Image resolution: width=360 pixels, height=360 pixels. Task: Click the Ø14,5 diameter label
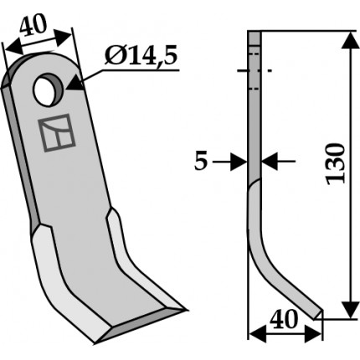click(x=141, y=55)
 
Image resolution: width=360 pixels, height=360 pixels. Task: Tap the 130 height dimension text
click(x=336, y=163)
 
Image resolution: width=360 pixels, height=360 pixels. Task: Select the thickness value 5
click(x=201, y=162)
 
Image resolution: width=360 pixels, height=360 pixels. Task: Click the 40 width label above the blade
click(x=33, y=26)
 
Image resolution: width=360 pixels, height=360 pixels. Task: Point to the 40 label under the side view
click(x=284, y=320)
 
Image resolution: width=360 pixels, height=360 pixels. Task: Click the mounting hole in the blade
click(x=48, y=90)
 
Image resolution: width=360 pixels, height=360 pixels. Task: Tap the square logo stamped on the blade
click(x=57, y=133)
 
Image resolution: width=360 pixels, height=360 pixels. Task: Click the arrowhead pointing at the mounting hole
click(x=75, y=84)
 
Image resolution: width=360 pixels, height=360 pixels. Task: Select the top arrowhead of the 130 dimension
click(x=351, y=40)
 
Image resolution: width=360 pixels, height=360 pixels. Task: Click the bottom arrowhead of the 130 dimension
click(x=351, y=310)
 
